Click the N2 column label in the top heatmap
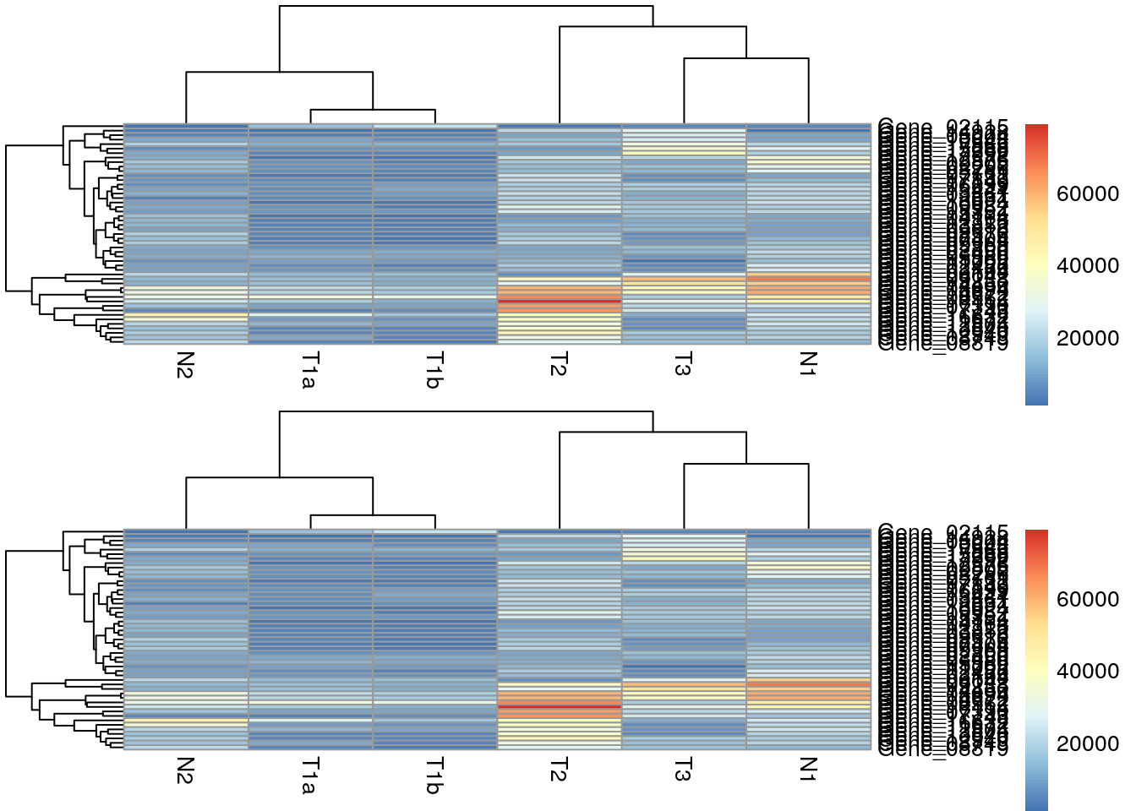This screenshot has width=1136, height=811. click(x=186, y=365)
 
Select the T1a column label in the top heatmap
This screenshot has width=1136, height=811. click(x=310, y=371)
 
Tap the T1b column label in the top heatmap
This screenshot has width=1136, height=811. click(x=434, y=371)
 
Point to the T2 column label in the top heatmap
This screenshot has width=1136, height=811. click(x=559, y=365)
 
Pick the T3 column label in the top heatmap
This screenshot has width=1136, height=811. click(x=683, y=365)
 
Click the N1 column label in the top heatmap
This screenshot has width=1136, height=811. click(x=808, y=365)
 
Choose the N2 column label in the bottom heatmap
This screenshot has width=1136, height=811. click(x=186, y=770)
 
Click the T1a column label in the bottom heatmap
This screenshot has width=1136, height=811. click(x=310, y=776)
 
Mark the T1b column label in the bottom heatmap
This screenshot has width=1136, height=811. click(x=434, y=776)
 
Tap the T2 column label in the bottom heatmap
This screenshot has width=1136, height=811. click(x=559, y=770)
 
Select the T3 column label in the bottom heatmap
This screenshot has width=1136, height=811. click(x=683, y=770)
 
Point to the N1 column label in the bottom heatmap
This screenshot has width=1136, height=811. click(x=808, y=770)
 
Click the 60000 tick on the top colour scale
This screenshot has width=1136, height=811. click(x=1087, y=194)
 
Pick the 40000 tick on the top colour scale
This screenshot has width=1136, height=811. click(x=1087, y=266)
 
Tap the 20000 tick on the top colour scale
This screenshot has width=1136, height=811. click(x=1087, y=339)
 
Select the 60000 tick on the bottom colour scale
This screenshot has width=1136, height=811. click(x=1087, y=600)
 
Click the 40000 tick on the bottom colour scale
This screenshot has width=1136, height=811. click(x=1087, y=672)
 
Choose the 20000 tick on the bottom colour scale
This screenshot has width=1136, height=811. click(x=1087, y=744)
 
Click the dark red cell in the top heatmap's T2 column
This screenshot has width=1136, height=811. click(x=560, y=301)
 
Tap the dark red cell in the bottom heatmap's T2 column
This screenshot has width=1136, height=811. click(x=560, y=706)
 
